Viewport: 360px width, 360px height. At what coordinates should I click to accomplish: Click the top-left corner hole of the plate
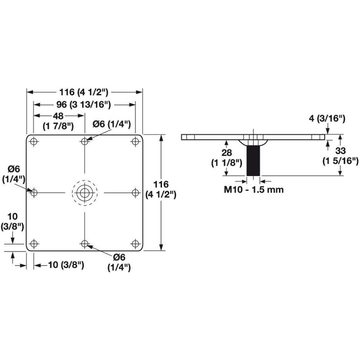click(34, 141)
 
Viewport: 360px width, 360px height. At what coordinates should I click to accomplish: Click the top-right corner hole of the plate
click(135, 141)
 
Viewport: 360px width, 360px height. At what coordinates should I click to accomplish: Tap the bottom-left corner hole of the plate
click(34, 243)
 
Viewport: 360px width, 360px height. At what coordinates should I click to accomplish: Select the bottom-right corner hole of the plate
click(135, 243)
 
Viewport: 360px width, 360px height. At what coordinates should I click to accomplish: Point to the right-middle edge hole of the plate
click(135, 193)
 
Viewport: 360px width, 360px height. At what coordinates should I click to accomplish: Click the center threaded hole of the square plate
click(85, 193)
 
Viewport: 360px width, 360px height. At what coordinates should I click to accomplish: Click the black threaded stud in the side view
click(253, 161)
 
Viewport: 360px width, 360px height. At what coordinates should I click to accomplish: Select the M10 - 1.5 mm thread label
click(254, 189)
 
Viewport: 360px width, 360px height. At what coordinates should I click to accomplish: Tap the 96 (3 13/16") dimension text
click(84, 105)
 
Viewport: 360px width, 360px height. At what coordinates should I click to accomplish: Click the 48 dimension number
click(58, 116)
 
